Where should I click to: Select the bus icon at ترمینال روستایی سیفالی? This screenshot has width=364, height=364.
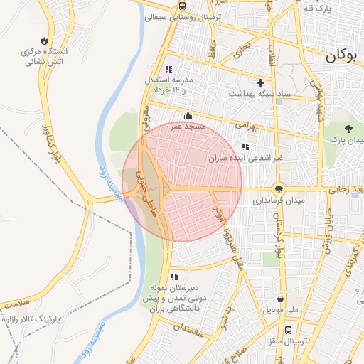(x=183, y=6)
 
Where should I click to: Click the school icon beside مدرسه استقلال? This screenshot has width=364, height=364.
(x=168, y=69)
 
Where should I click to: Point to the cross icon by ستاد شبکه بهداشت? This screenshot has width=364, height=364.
(x=260, y=82)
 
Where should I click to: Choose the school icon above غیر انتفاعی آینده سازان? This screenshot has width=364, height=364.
(x=245, y=146)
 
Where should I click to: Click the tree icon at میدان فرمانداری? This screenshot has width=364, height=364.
(x=279, y=189)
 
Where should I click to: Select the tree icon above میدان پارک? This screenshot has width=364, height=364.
(x=348, y=128)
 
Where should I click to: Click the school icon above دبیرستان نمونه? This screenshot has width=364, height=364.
(x=173, y=277)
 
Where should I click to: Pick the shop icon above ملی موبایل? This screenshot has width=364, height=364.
(x=283, y=299)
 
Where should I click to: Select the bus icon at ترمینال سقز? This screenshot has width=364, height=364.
(x=288, y=331)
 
